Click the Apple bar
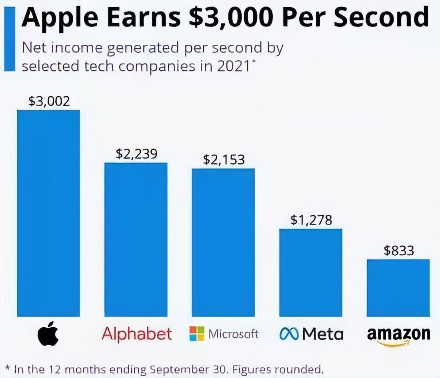point(48,213)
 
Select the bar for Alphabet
point(136,239)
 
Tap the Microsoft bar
point(223,243)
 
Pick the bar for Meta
point(311,273)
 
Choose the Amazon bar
point(398,288)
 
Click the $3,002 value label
point(49,101)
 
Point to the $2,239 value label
point(136,154)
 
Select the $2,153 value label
point(224,159)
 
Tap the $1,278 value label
point(311,220)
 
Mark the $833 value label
point(399,251)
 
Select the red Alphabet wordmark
point(137,334)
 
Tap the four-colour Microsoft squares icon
point(197,333)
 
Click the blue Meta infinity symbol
point(290,334)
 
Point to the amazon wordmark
point(398,335)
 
